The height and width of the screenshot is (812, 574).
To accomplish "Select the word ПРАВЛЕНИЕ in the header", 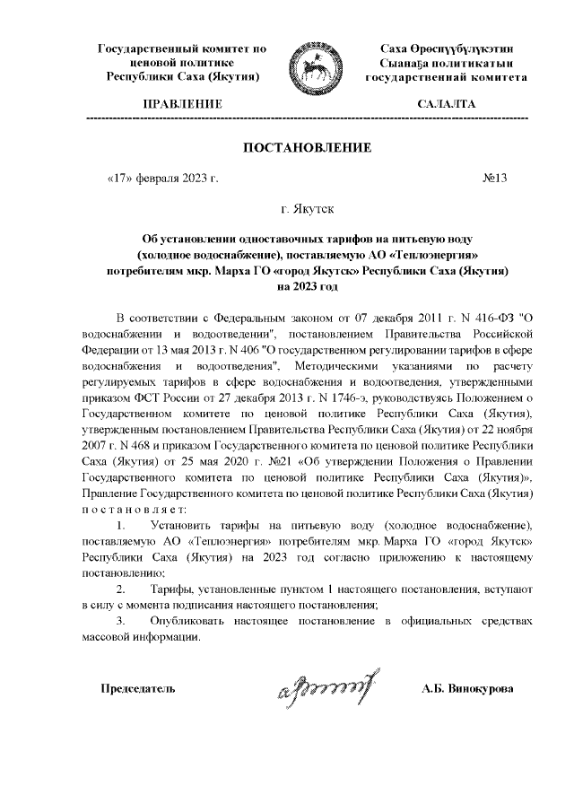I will point(180,105).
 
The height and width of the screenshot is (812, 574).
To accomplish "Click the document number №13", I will point(495,178).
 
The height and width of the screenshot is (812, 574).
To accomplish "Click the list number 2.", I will point(122,590).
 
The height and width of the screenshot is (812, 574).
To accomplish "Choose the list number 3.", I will point(122,622).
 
